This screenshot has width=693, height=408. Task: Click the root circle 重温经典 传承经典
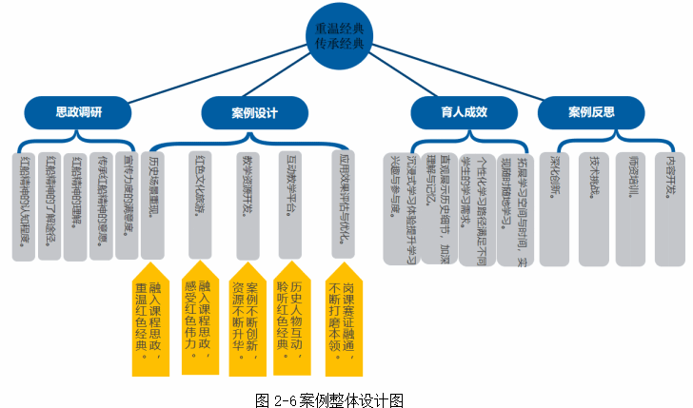[346, 33]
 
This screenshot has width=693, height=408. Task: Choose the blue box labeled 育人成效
[464, 112]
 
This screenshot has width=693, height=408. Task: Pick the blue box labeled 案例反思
[591, 112]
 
